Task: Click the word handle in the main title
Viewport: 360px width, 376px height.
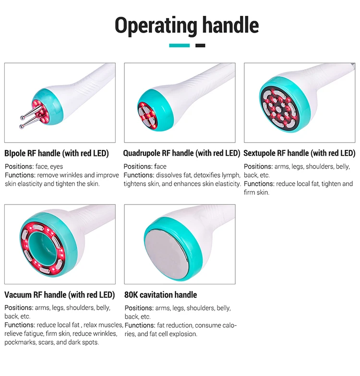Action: (229, 25)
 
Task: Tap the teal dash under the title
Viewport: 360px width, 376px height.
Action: (180, 46)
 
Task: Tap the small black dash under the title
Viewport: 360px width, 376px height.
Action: (200, 46)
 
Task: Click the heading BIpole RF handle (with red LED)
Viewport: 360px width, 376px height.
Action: (57, 154)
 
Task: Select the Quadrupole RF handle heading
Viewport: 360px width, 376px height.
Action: (181, 154)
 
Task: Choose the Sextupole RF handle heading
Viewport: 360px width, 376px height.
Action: (299, 154)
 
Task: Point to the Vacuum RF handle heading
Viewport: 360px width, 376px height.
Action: (60, 295)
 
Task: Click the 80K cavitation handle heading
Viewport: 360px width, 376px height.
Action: (160, 295)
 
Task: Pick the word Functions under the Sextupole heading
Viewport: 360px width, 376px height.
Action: (258, 184)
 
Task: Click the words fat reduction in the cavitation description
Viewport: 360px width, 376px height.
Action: (175, 325)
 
